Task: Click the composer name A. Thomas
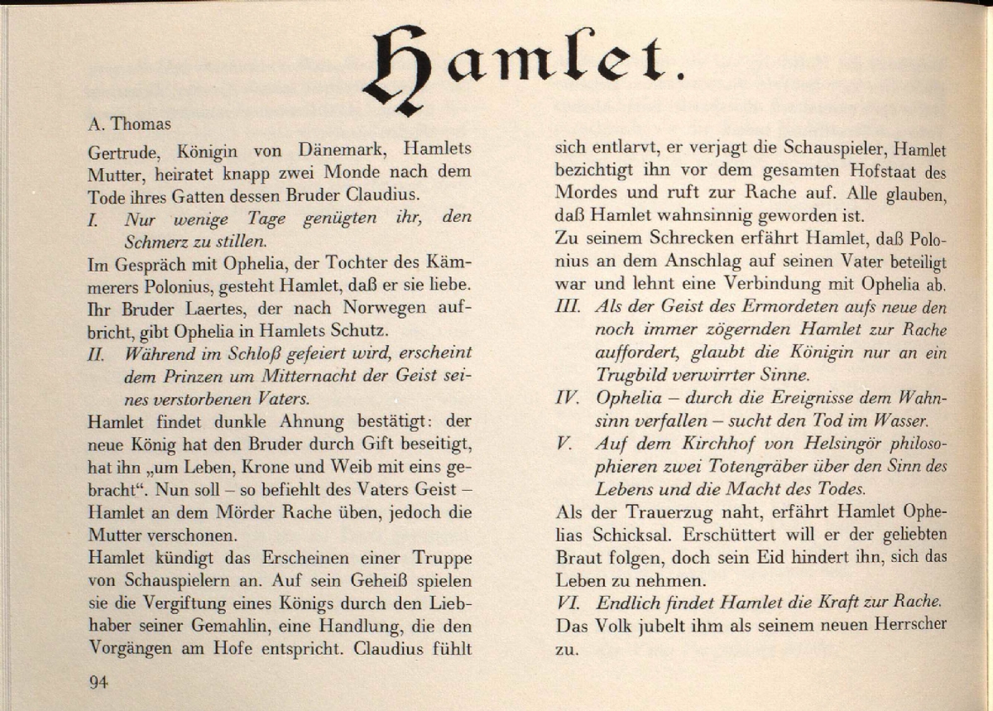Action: [128, 125]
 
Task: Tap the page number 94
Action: [98, 682]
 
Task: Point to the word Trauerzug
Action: [646, 512]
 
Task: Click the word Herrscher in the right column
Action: [908, 624]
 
